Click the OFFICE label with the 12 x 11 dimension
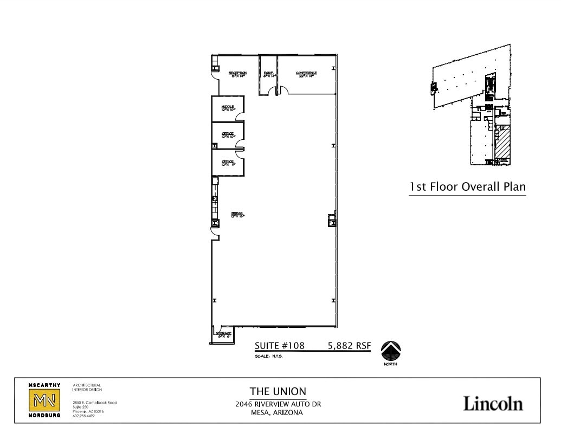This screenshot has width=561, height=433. click(228, 162)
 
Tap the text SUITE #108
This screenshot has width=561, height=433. click(280, 346)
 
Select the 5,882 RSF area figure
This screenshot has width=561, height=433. click(349, 346)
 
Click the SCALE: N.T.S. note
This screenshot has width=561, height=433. click(269, 357)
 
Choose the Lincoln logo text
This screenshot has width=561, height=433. click(493, 403)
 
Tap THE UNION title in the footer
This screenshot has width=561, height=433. click(278, 391)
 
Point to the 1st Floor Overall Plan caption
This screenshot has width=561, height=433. click(467, 187)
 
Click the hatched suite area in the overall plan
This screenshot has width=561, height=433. click(502, 143)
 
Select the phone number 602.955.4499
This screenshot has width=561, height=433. click(83, 416)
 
